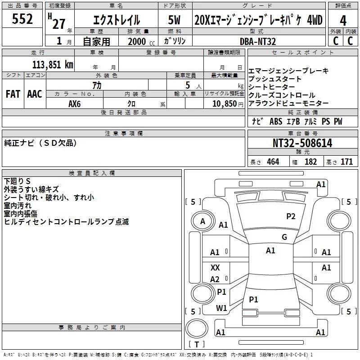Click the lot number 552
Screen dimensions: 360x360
22,19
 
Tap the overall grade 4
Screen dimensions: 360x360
343,21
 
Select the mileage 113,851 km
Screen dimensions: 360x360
53,65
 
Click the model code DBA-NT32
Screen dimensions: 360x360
258,41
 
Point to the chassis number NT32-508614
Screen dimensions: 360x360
302,143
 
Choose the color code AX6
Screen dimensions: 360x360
75,104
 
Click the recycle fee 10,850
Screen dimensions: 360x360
224,104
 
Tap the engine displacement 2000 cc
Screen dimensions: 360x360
141,41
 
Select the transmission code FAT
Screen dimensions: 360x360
13,94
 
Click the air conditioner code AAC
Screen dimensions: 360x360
35,94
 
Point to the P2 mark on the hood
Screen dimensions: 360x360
291,216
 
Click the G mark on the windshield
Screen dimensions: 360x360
284,237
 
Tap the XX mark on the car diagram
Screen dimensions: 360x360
215,267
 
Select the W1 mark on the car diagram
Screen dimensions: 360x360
221,308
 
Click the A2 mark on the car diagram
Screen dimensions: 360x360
215,279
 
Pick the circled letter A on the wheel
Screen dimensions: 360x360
202,221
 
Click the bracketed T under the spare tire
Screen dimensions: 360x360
197,344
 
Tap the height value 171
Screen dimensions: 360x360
346,162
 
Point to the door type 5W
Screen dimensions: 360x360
174,20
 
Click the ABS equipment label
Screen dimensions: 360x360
276,121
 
